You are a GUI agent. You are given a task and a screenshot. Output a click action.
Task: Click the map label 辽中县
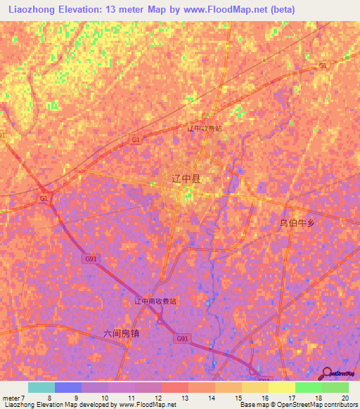pos(186,178)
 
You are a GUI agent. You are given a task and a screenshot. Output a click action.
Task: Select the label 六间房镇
pos(121,333)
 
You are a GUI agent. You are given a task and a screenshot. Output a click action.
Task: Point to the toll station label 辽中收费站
pos(205,129)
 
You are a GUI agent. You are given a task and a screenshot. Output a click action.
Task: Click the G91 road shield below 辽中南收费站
pos(182,339)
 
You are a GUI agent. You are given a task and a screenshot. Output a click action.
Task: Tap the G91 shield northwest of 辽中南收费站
pos(91,259)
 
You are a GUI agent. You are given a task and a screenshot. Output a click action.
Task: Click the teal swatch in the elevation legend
pos(41,387)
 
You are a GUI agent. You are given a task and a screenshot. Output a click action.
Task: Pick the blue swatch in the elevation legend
pos(68,387)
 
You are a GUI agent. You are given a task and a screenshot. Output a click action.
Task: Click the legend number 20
pos(344,397)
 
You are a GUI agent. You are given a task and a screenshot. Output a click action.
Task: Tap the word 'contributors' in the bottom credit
pos(340,405)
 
